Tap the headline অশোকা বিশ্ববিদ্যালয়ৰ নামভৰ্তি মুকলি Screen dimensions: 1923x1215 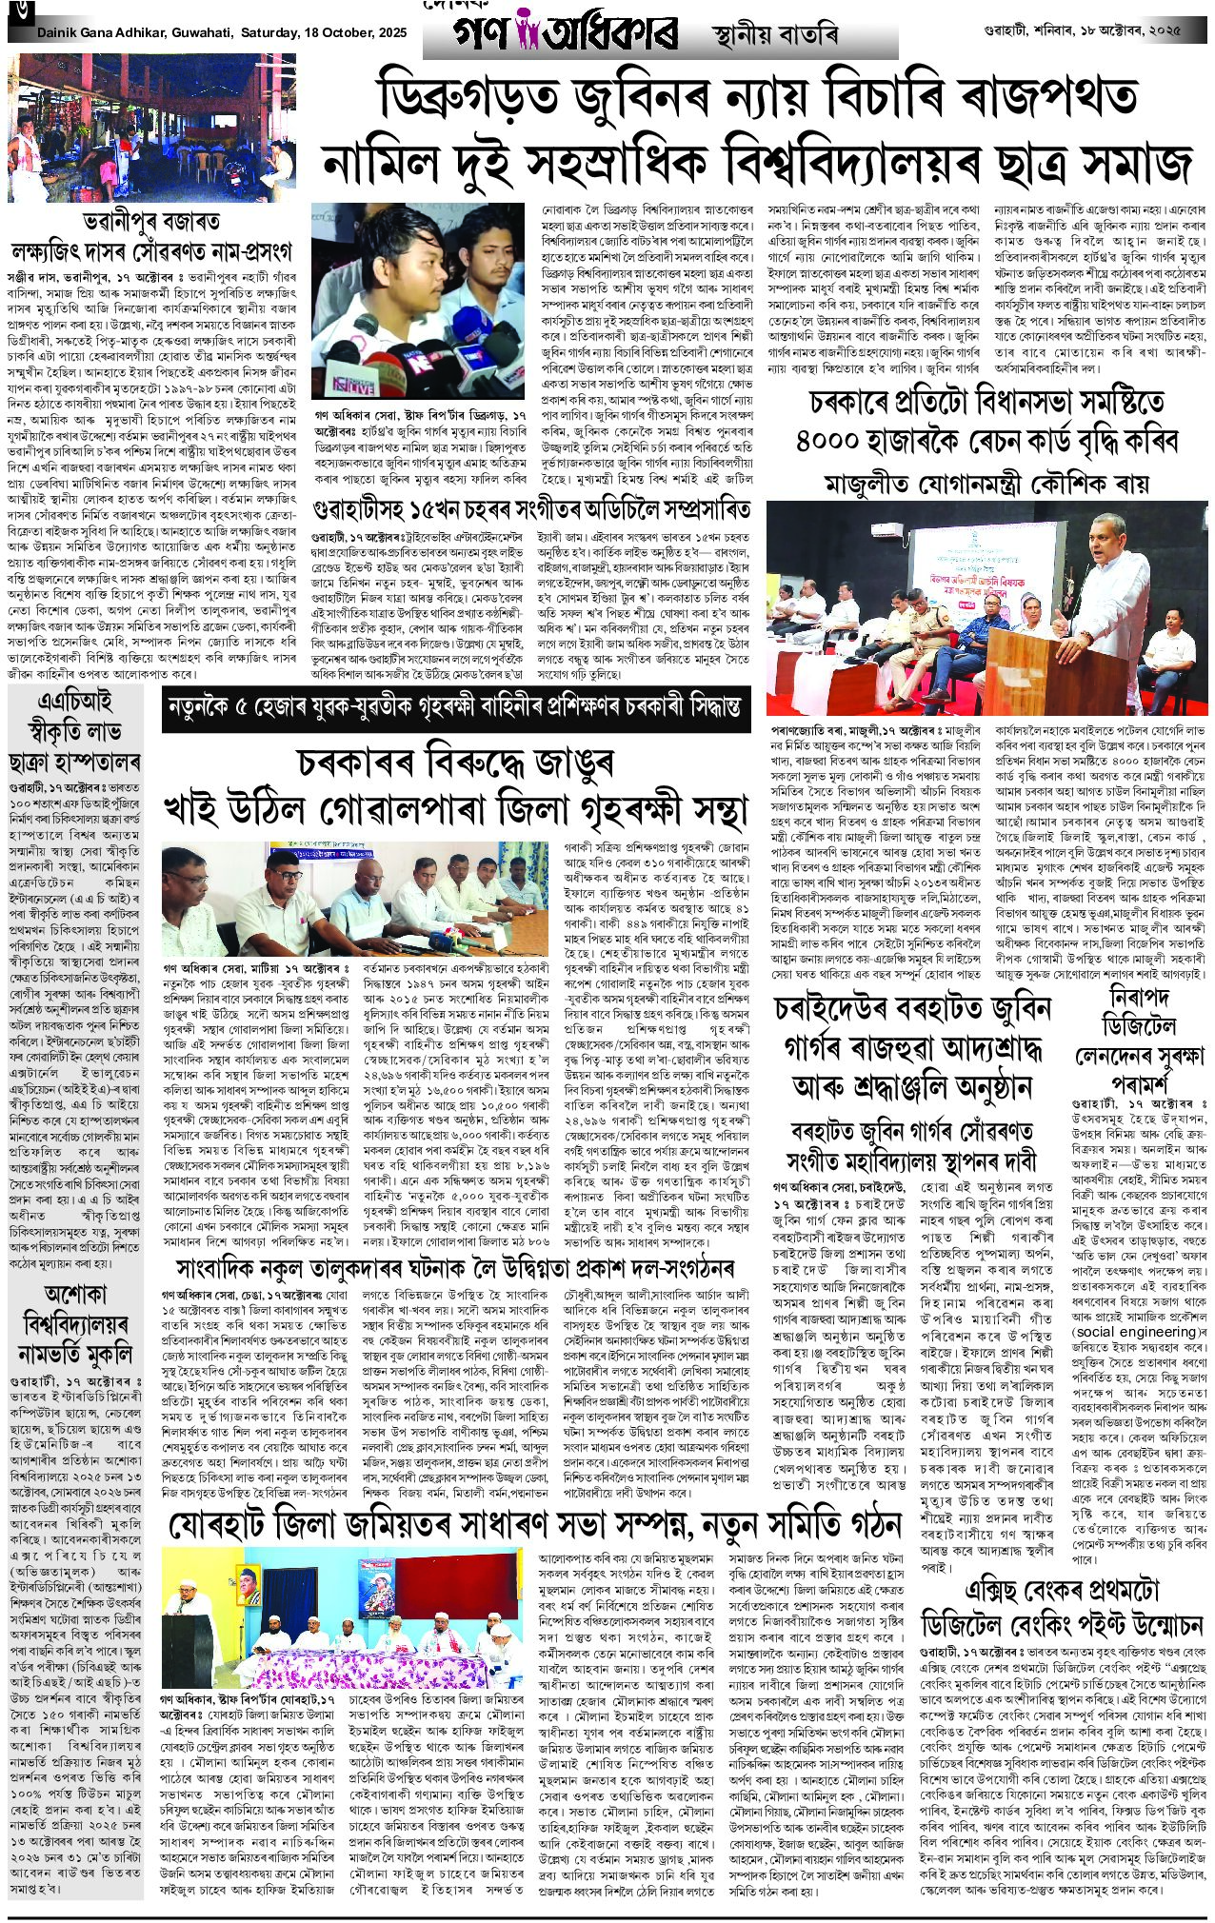pyautogui.click(x=73, y=1322)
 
